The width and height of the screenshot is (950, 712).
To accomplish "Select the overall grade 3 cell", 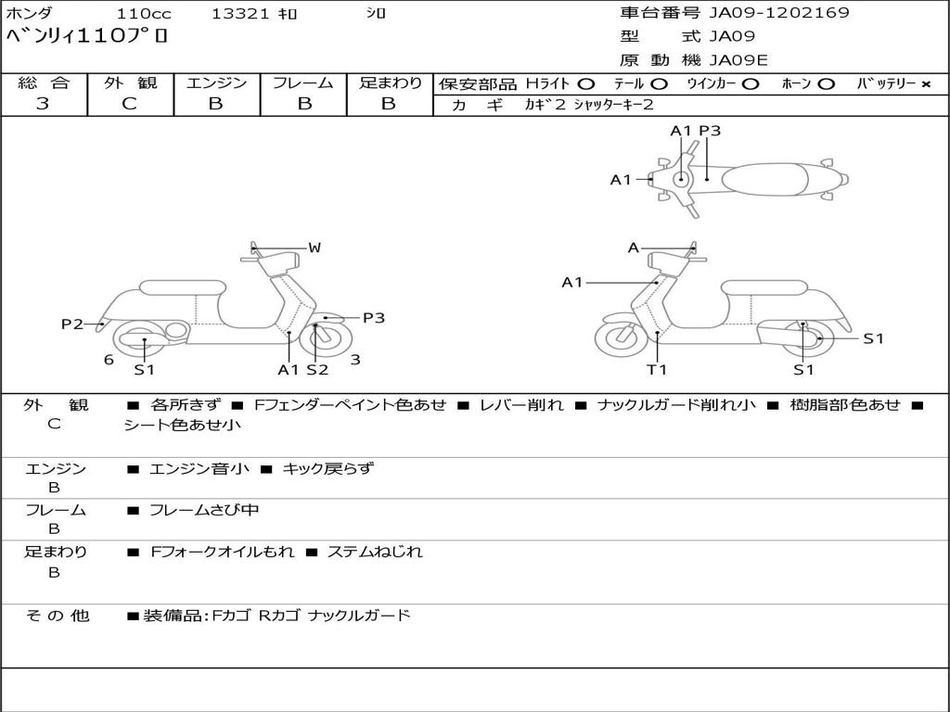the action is pos(43,104).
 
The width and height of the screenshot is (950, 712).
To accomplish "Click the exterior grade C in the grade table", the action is pos(129,104).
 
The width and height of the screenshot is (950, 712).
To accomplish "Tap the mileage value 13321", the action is pos(239,14).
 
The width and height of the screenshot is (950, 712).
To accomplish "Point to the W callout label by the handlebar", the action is pos(315,248).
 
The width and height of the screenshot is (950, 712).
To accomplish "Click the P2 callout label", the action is pos(72,324).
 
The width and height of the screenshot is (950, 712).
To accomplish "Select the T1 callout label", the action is pos(657,370).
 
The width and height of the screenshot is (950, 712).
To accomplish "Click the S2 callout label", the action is pos(317,370).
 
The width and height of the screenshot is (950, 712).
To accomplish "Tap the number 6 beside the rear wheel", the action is pos(109,360).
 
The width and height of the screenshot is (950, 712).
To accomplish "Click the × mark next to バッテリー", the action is pos(925,83).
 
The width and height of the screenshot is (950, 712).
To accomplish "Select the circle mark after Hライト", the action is pos(586,83).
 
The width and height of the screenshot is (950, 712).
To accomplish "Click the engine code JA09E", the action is pos(738,60).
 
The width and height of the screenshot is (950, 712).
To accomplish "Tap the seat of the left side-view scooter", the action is pos(181,287).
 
